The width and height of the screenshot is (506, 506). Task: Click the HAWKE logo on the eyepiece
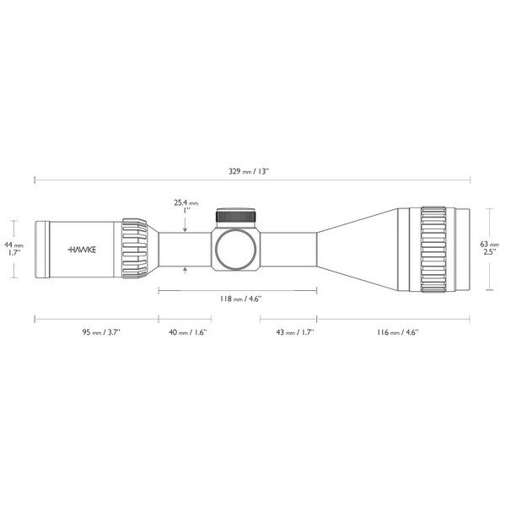click(x=82, y=250)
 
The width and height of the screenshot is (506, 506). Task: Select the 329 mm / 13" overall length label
click(x=249, y=171)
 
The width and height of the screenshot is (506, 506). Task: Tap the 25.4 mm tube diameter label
click(x=186, y=207)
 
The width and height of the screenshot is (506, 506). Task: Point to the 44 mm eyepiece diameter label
click(x=13, y=249)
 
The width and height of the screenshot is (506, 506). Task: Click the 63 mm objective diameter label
click(x=489, y=248)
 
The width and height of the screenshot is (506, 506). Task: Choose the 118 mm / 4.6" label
click(x=240, y=299)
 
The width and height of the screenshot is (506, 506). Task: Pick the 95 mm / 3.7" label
click(x=101, y=332)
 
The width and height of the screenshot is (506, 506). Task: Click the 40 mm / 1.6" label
click(x=187, y=332)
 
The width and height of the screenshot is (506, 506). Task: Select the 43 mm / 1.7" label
click(x=295, y=332)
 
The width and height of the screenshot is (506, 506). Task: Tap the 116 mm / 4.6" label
click(x=397, y=332)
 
